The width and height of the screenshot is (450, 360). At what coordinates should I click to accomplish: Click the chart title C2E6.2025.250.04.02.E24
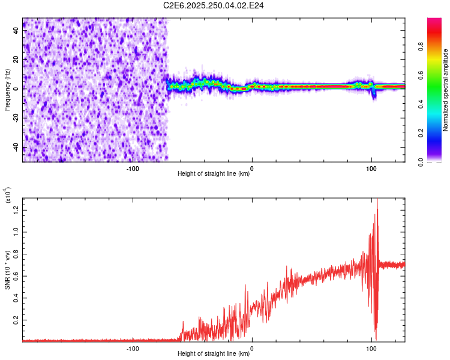pos(214,5)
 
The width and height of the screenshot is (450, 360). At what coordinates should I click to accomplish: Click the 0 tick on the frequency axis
pos(17,89)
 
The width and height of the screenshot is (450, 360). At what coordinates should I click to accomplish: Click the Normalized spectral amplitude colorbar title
pos(445,90)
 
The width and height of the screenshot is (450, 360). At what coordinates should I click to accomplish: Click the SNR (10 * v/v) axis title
pos(7,269)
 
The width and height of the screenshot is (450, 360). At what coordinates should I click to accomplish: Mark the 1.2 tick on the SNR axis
pos(17,209)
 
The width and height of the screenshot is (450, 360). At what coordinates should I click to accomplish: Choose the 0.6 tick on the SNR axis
pos(17,275)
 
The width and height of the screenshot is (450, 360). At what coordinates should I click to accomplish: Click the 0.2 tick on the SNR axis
pos(17,320)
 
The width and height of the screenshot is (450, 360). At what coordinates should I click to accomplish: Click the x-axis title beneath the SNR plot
pos(214,354)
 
